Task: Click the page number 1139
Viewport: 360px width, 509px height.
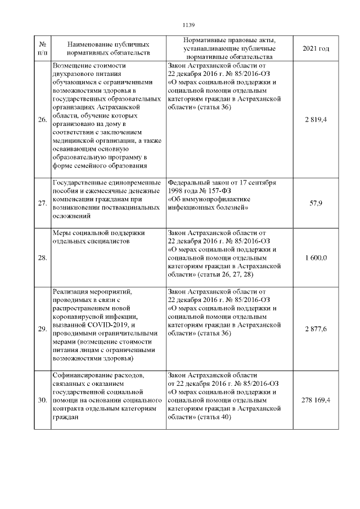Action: coord(188,25)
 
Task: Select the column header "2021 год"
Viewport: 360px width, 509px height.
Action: coord(316,49)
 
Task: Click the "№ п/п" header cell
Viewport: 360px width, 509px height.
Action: coord(42,49)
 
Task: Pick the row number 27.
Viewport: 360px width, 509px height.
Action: coord(42,203)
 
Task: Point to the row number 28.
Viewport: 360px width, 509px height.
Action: coord(42,258)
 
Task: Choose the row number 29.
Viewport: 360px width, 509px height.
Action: coord(42,328)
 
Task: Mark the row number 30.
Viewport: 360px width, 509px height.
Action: coord(42,400)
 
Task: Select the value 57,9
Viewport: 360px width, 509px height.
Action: coord(316,203)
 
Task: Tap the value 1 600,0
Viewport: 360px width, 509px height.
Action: coord(316,258)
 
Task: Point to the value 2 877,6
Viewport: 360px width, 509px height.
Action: coord(316,328)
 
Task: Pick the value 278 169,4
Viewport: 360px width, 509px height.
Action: coord(316,400)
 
